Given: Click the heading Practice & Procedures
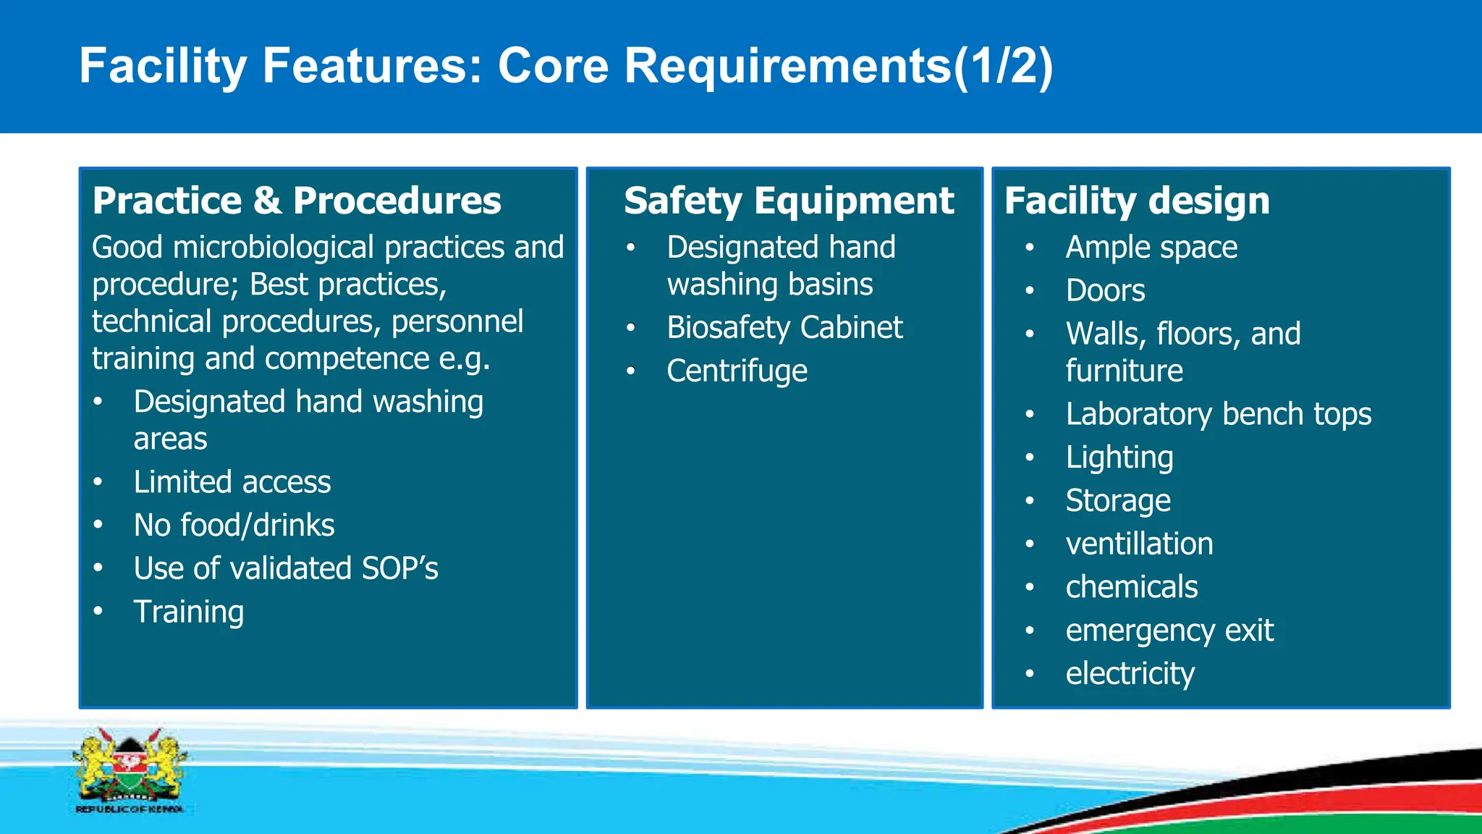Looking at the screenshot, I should [297, 201].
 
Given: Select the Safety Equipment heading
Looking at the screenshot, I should [789, 201].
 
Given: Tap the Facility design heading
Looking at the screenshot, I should [1137, 201].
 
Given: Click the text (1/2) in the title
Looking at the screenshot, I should [1003, 67].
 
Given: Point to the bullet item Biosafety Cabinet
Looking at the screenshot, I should [784, 328].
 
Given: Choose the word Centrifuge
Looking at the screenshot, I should [737, 371].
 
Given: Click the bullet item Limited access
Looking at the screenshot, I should [232, 482].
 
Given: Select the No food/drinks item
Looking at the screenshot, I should [234, 526].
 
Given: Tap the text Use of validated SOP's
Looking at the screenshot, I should [286, 569].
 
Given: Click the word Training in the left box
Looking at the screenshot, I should [189, 612].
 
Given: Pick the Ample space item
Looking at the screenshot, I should [1151, 248].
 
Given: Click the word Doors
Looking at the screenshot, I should [1105, 291].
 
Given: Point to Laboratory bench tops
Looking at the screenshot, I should [1219, 415].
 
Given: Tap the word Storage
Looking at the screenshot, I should [1118, 501].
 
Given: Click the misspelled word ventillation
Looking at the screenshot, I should [1139, 544].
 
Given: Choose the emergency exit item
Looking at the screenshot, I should [1169, 631].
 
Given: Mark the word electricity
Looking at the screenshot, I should [1130, 674].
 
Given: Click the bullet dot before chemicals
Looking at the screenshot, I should [1030, 587].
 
